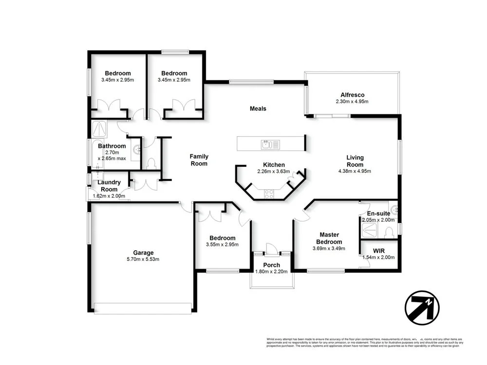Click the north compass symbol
coord(422,307)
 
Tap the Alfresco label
coord(352,95)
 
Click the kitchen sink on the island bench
coord(266,144)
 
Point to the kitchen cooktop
coord(269,194)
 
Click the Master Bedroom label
coord(329,238)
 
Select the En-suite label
coord(378,214)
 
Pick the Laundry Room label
coord(109,186)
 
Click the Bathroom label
coord(112,146)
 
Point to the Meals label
coord(258,109)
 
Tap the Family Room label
coord(199,160)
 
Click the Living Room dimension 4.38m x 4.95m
coord(355,171)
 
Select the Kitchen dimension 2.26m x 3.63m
coord(273,171)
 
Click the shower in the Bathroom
coord(100,128)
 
